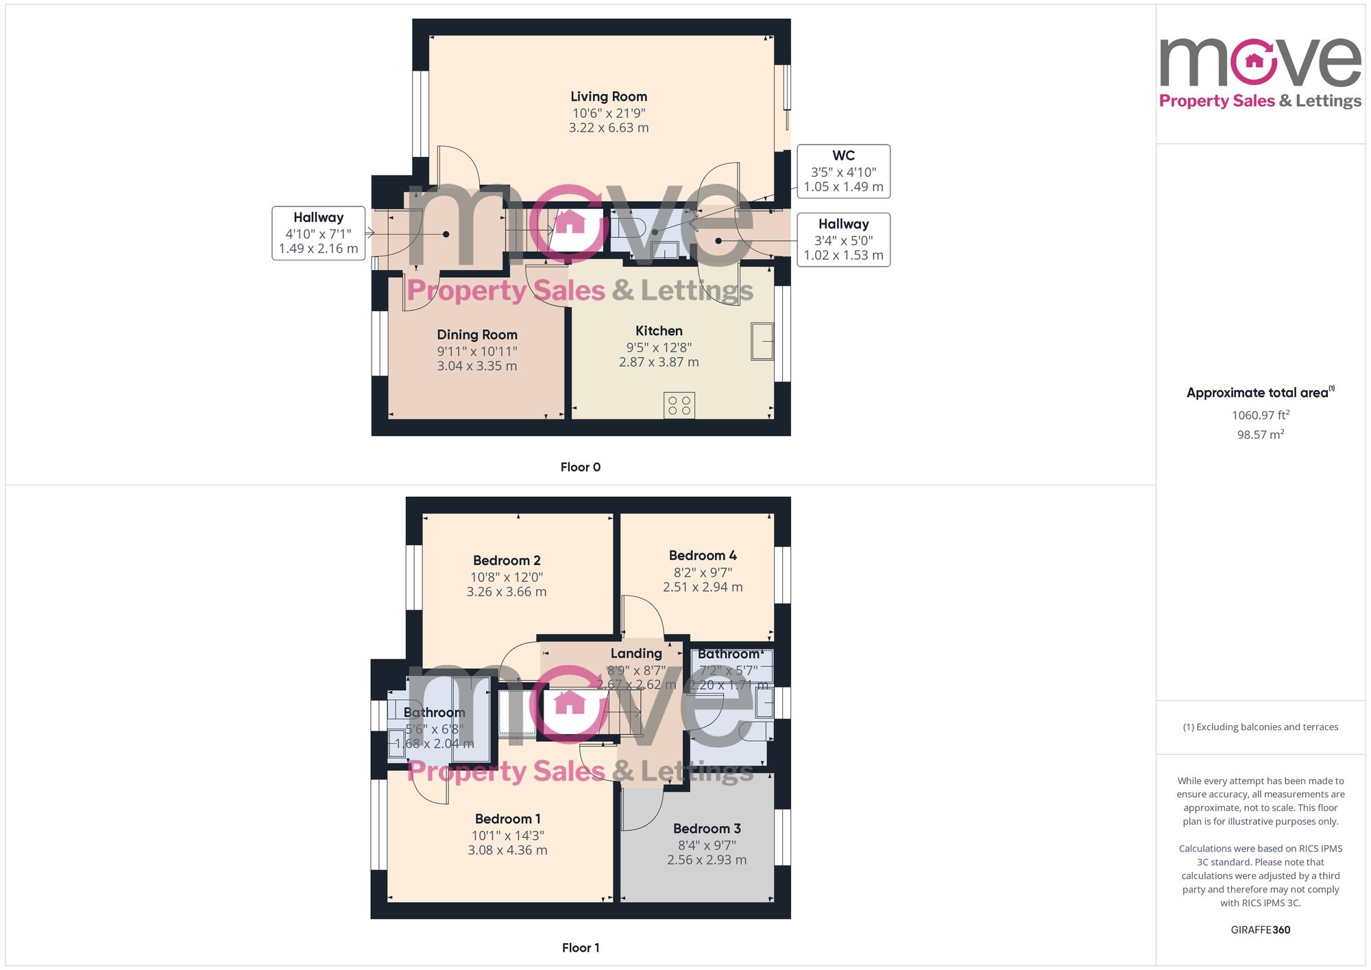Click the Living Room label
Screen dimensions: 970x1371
[609, 97]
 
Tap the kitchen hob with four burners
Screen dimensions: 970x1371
[679, 405]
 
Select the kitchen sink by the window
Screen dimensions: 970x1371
[762, 341]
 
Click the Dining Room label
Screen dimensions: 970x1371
[477, 335]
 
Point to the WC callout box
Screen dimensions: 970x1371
[843, 171]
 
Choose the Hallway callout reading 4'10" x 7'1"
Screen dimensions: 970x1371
[318, 233]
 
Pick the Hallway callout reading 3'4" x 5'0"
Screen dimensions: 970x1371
[843, 239]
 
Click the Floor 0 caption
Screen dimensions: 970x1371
[580, 467]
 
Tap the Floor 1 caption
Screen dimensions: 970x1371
[580, 947]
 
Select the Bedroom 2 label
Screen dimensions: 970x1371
[507, 560]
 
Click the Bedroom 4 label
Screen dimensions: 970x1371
[703, 555]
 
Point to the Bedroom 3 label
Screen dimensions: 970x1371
[707, 829]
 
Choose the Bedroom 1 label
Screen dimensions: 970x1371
[507, 819]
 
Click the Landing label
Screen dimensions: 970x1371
[636, 653]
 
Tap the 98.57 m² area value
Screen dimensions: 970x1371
[1260, 435]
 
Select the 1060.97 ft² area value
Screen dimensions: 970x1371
[1260, 415]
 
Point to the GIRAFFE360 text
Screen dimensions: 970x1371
[1260, 930]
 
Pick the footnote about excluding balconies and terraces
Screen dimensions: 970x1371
[1260, 727]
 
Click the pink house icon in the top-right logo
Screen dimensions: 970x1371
[1254, 61]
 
